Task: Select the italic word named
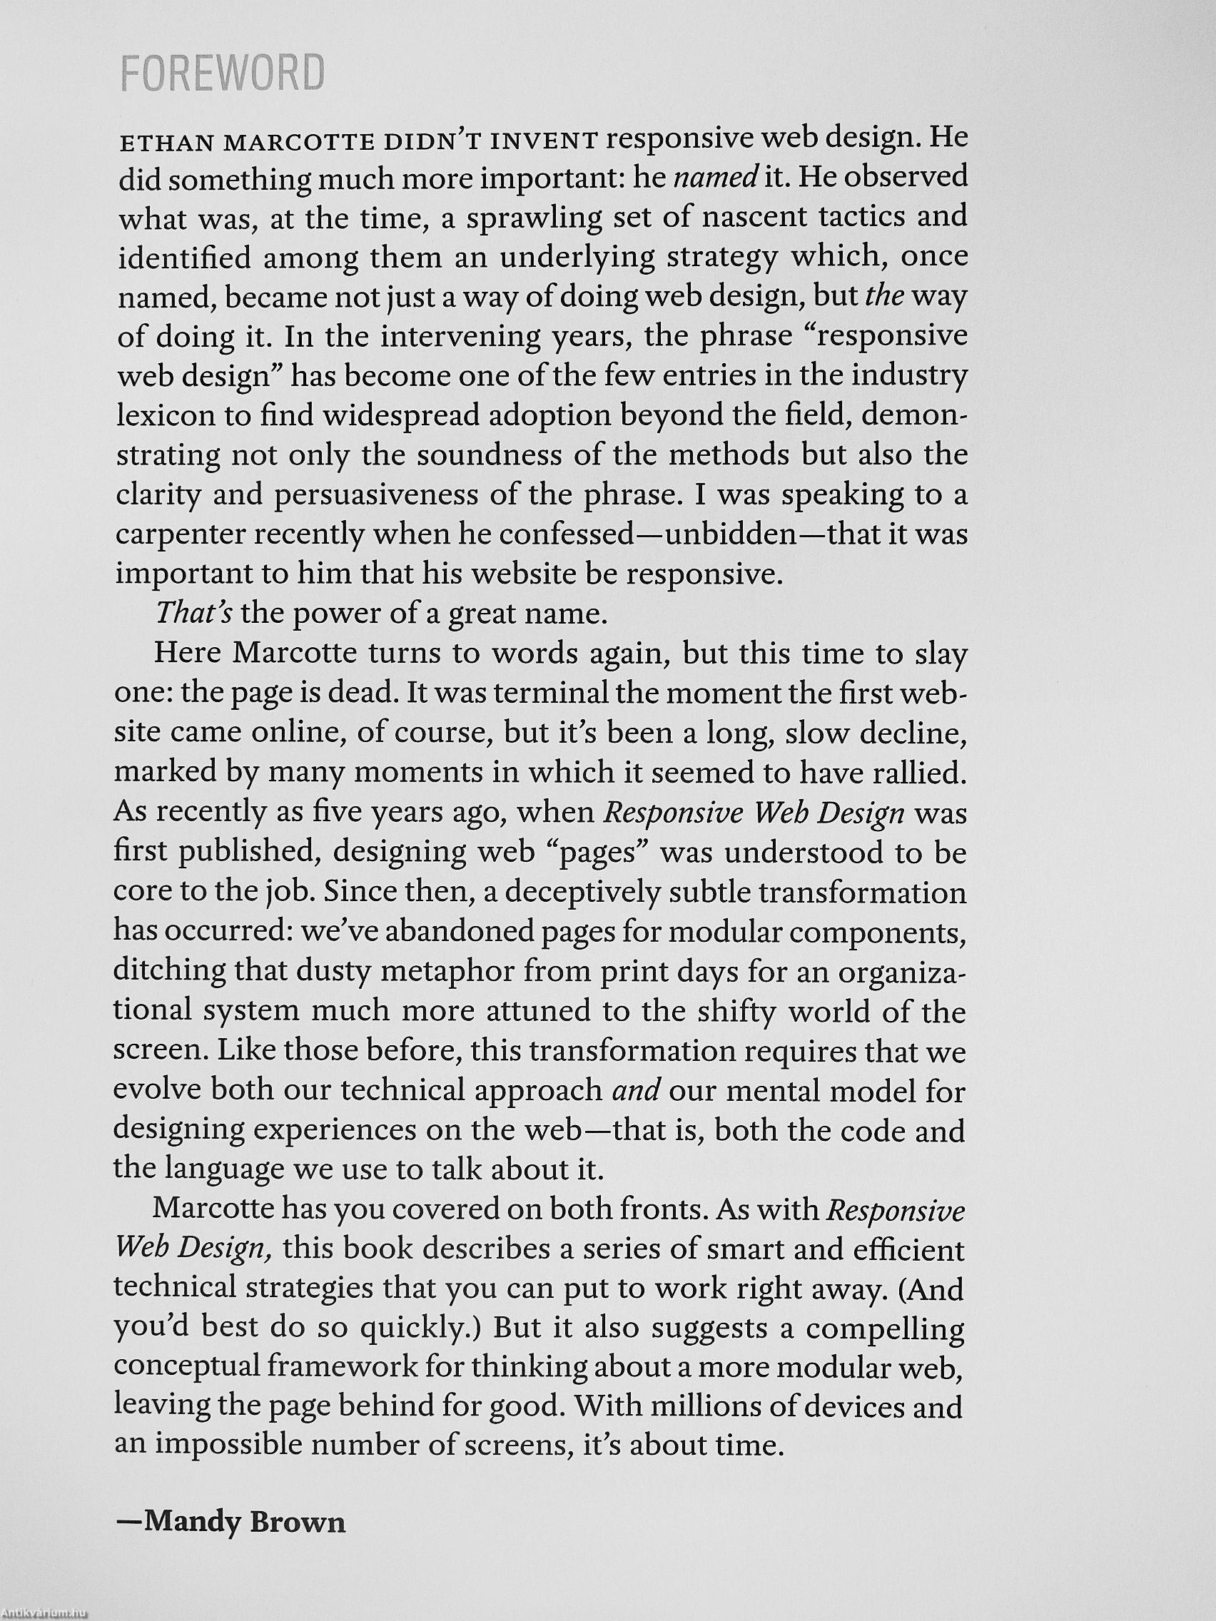pos(704,178)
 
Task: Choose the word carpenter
pos(180,536)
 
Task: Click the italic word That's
pos(193,614)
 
